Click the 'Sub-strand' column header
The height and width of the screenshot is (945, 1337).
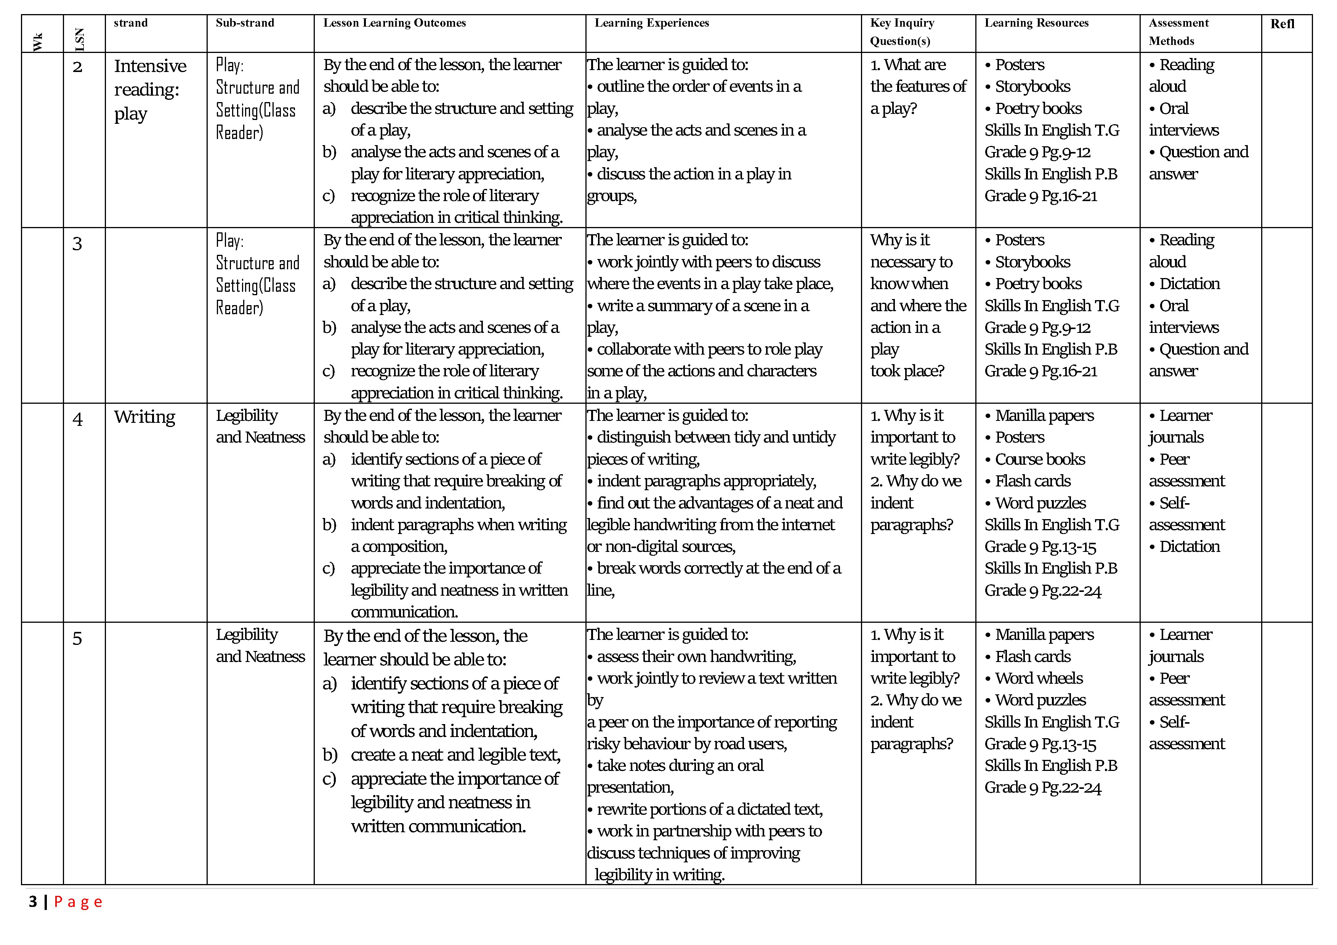pos(245,23)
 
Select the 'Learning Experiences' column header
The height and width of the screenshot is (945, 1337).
pos(652,23)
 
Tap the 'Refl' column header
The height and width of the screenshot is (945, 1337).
pos(1282,24)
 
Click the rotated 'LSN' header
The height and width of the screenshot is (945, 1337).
pos(80,40)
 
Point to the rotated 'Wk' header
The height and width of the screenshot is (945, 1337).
pos(38,42)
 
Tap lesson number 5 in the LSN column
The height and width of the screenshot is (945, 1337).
pos(77,639)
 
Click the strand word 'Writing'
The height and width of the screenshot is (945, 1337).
pos(144,417)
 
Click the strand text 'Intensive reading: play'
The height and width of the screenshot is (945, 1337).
pos(150,90)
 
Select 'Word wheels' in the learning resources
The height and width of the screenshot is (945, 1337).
pos(1039,678)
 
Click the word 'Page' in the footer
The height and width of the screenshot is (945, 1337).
pos(78,902)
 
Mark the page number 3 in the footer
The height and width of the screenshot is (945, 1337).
pos(33,902)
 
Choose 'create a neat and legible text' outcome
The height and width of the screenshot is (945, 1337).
pos(455,755)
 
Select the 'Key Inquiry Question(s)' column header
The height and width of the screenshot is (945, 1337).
pos(902,31)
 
